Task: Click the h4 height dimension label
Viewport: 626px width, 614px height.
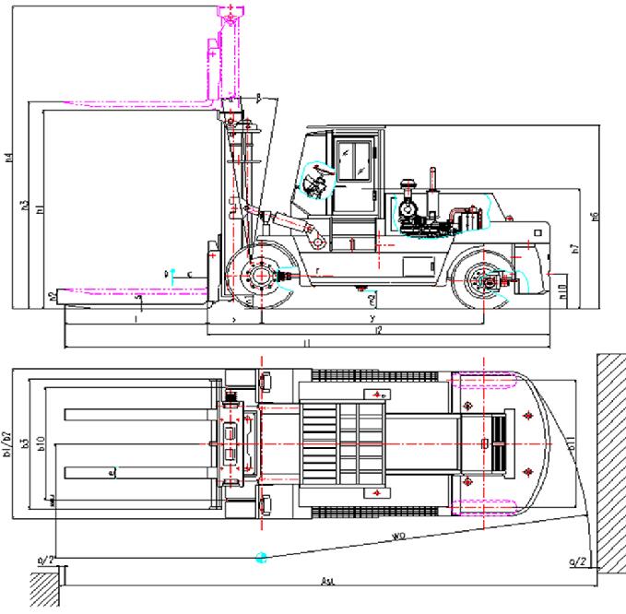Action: pyautogui.click(x=8, y=158)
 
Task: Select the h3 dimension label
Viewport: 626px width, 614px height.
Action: pyautogui.click(x=24, y=203)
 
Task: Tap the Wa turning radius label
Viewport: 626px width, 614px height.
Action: pyautogui.click(x=399, y=536)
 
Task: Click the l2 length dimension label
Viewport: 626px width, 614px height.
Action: pyautogui.click(x=377, y=329)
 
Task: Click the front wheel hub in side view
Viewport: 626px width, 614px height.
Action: pyautogui.click(x=261, y=276)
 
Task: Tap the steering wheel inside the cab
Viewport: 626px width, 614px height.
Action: pyautogui.click(x=315, y=184)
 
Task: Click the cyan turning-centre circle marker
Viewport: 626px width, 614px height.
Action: pyautogui.click(x=262, y=558)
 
